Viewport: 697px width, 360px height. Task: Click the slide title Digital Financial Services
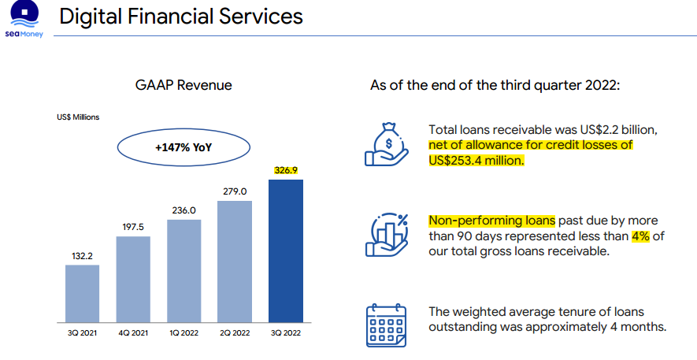(x=181, y=17)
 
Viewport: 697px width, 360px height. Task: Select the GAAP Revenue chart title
(x=184, y=85)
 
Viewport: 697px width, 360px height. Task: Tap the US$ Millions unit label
(x=78, y=117)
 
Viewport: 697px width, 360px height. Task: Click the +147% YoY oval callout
(x=184, y=147)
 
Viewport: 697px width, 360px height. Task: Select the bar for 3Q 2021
(x=82, y=294)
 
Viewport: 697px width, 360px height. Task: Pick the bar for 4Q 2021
(x=133, y=280)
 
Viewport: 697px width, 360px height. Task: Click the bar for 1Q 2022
(x=184, y=271)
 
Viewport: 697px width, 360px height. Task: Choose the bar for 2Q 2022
(x=235, y=262)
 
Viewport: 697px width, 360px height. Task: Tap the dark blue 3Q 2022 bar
(x=286, y=251)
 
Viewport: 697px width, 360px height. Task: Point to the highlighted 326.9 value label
(x=286, y=169)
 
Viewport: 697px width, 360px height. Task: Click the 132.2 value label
(x=82, y=254)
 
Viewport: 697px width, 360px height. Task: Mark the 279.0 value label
(x=235, y=191)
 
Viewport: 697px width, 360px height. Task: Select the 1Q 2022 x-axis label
(x=184, y=333)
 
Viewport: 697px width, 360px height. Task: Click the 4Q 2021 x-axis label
(x=133, y=333)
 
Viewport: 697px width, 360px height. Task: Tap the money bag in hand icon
(x=386, y=143)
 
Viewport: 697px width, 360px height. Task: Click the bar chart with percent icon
(x=386, y=235)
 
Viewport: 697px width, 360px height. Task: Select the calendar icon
(x=386, y=325)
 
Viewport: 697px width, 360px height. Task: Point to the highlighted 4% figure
(x=641, y=236)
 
